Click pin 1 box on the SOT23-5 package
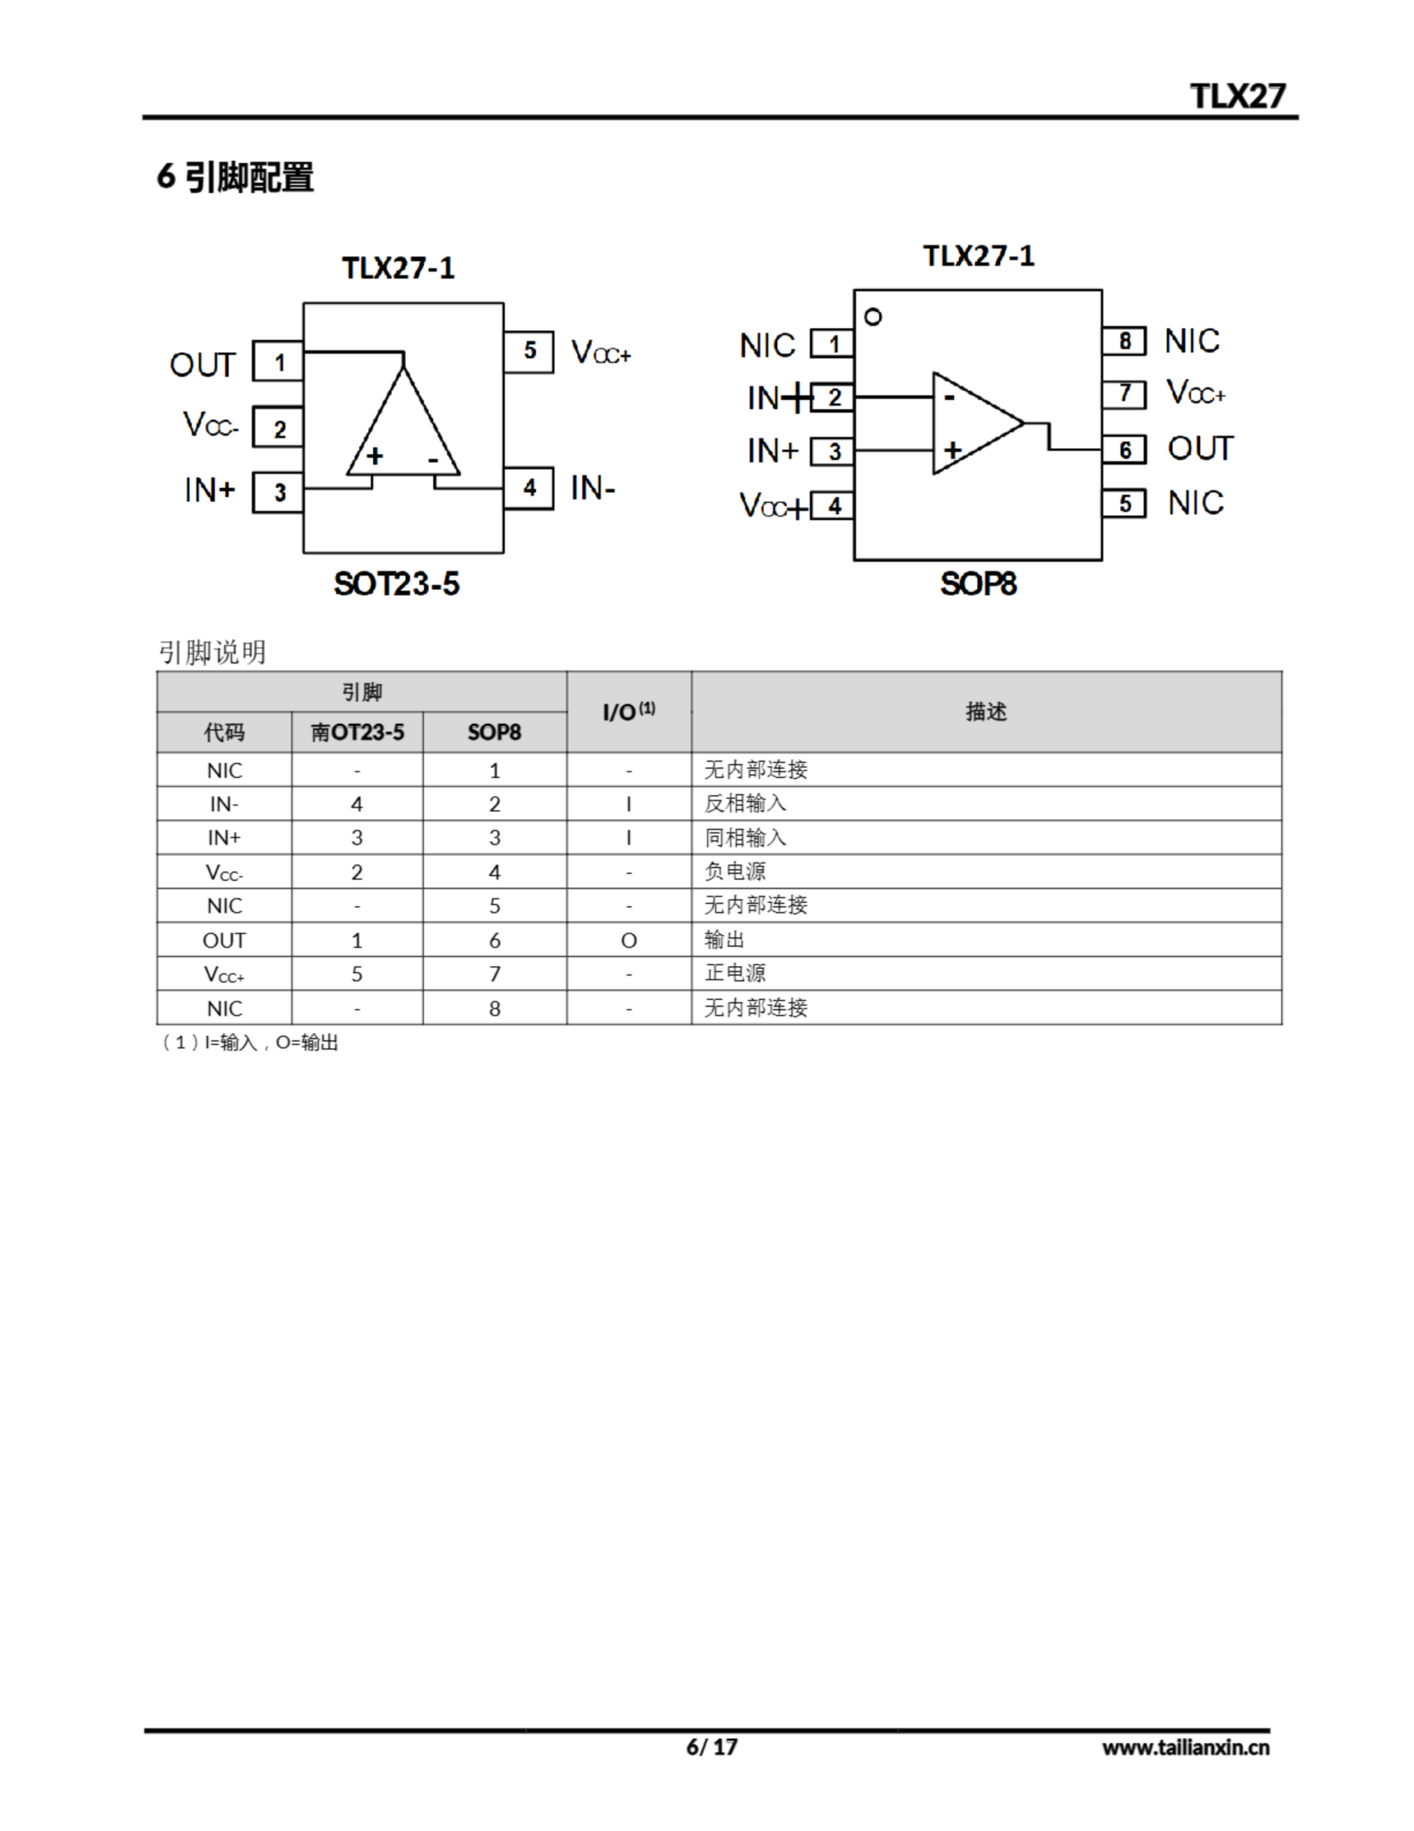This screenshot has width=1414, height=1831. click(278, 362)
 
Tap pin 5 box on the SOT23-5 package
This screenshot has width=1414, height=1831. click(529, 351)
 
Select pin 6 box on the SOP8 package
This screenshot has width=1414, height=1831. click(1124, 450)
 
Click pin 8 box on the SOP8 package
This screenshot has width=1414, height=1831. click(1124, 341)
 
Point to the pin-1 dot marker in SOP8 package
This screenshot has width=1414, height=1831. click(873, 318)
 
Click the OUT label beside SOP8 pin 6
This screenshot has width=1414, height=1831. click(1200, 449)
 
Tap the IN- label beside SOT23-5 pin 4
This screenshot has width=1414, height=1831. click(593, 488)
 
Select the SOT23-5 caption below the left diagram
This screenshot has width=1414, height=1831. click(397, 584)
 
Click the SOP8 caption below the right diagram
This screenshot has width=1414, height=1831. click(978, 584)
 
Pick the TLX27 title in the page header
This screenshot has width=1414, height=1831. click(1237, 97)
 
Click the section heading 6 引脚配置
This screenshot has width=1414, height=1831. click(235, 177)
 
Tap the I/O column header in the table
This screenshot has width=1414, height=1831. click(628, 712)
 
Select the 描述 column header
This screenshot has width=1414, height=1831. click(986, 712)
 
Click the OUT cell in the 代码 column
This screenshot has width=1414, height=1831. click(224, 941)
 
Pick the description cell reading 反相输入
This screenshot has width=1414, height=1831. click(745, 803)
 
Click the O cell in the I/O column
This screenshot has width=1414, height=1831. click(628, 941)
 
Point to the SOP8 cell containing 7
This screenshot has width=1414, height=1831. click(495, 974)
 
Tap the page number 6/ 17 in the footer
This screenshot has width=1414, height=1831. click(711, 1747)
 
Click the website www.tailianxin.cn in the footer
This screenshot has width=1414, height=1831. click(1185, 1747)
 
